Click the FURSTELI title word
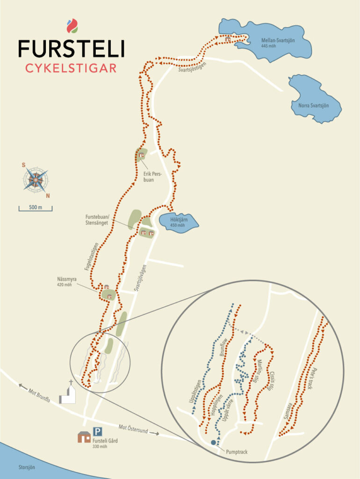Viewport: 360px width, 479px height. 71,49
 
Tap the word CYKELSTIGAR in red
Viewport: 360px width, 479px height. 71,68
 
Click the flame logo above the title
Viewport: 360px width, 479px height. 72,26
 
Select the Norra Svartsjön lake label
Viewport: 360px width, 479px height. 313,105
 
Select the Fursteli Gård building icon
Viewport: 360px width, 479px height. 84,437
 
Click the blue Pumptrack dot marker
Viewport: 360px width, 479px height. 214,442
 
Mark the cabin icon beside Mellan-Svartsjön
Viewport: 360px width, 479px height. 227,39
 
